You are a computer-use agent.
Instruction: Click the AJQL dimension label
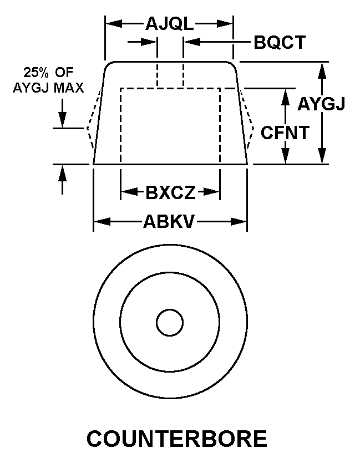click(x=170, y=24)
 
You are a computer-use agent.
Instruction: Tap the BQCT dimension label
click(x=280, y=42)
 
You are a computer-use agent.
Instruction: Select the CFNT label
click(x=285, y=133)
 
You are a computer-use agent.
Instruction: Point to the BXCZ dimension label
click(x=170, y=192)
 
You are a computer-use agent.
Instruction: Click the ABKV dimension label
click(x=169, y=222)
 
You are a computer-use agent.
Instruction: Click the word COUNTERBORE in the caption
click(x=177, y=439)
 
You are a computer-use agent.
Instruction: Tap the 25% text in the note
click(x=36, y=73)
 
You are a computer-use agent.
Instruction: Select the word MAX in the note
click(x=69, y=88)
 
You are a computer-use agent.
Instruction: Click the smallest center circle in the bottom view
click(x=170, y=323)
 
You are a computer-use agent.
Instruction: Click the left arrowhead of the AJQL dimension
click(x=114, y=24)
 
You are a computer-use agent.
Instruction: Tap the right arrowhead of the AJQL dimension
click(x=225, y=24)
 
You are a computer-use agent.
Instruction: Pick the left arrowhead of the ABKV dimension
click(x=102, y=222)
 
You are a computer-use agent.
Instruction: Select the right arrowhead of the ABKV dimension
click(x=239, y=222)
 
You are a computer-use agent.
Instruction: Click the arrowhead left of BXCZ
click(x=129, y=192)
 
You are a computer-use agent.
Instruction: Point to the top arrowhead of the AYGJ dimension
click(x=322, y=70)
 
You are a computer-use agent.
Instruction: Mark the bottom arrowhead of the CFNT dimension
click(x=286, y=156)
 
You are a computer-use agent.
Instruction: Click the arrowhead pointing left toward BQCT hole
click(x=192, y=42)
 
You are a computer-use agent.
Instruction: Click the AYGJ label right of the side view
click(x=321, y=104)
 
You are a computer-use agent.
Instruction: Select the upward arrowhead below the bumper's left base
click(x=62, y=173)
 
